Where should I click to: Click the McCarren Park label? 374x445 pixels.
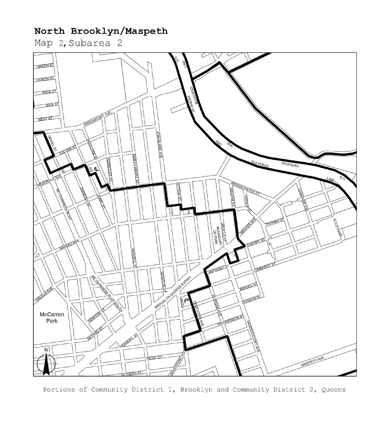(52, 318)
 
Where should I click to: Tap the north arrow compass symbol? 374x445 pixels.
(46, 362)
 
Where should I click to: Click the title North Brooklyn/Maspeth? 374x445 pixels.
(101, 31)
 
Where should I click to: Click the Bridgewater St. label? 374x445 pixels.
(245, 189)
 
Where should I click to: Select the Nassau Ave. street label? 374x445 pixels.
(70, 244)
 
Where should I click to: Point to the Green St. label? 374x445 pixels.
(45, 66)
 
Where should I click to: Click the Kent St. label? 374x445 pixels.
(45, 119)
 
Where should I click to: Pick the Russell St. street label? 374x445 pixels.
(134, 258)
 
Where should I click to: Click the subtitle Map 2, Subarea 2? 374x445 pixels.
(78, 43)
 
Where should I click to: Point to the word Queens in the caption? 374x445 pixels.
(333, 390)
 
